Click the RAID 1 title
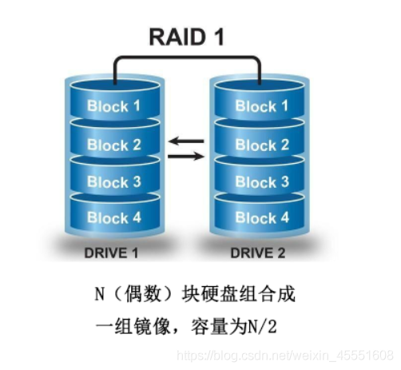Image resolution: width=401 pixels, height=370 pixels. pos(186,37)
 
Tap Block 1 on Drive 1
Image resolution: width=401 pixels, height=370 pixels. pos(113,106)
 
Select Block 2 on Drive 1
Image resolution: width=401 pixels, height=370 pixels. pos(114,145)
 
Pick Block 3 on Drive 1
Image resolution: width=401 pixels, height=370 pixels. pos(114,182)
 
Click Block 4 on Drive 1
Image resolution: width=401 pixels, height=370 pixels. pos(114,217)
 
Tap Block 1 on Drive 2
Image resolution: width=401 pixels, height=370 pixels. pos(262,106)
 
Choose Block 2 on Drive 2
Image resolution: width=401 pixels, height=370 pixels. pos(262,145)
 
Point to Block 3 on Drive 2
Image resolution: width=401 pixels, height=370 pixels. pos(262,182)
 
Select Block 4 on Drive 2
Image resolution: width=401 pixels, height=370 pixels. pos(262,217)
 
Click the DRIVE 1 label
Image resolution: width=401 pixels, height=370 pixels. pos(111,253)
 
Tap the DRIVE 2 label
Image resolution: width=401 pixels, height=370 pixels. pos(258,253)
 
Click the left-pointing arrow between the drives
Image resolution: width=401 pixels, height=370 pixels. pos(186,141)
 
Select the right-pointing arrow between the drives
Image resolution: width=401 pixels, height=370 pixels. pos(186,156)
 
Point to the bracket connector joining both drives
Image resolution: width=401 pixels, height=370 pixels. pos(187,58)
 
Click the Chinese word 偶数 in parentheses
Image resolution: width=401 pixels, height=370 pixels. pos(143,294)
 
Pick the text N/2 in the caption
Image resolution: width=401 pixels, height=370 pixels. pos(262,327)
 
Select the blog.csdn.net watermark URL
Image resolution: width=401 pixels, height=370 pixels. pos(285,356)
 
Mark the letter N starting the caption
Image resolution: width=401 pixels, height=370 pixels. pos(100,294)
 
